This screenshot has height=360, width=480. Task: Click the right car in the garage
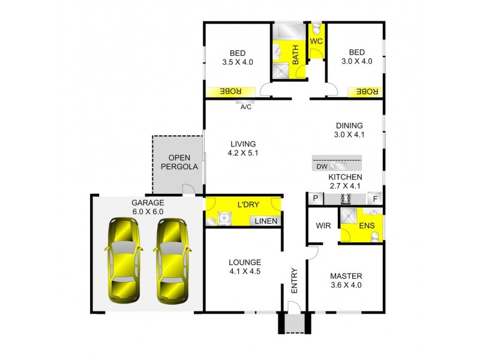[172, 260]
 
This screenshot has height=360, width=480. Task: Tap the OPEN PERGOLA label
[178, 162]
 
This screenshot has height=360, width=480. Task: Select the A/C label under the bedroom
[245, 108]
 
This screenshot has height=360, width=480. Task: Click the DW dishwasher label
[321, 167]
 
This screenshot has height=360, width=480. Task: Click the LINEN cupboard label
[266, 221]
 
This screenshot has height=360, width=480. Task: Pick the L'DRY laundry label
[248, 205]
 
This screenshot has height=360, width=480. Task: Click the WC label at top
[316, 41]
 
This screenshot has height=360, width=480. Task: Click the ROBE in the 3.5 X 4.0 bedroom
[230, 91]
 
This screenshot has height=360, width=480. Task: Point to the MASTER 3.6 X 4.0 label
[346, 281]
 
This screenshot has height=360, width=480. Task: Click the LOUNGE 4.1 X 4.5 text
[244, 267]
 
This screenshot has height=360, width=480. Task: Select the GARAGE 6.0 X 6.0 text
[148, 207]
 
